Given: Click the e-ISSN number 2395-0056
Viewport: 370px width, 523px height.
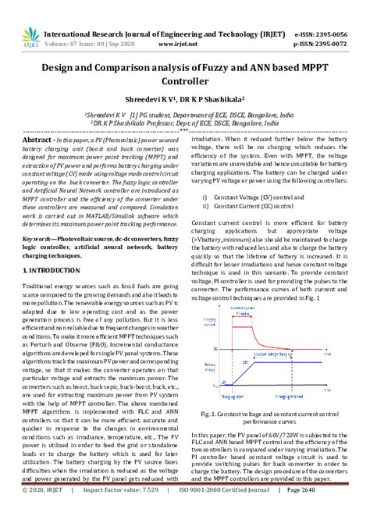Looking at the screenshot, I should pyautogui.click(x=335, y=12).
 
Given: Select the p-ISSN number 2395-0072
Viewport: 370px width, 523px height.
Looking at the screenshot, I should pyautogui.click(x=335, y=24).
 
